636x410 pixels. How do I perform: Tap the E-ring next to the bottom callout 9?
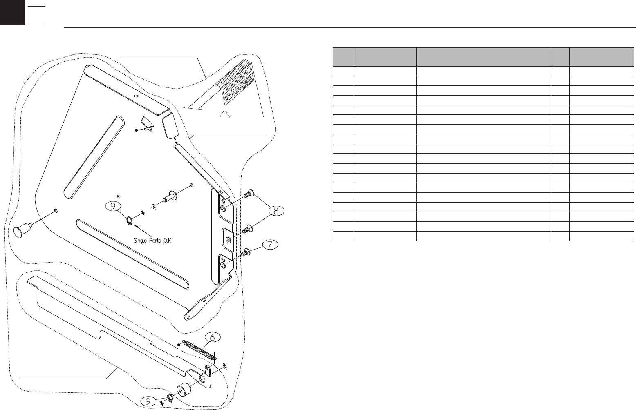click(170, 398)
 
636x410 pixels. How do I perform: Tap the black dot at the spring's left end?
click(179, 345)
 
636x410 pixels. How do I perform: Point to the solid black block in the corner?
click(12, 12)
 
